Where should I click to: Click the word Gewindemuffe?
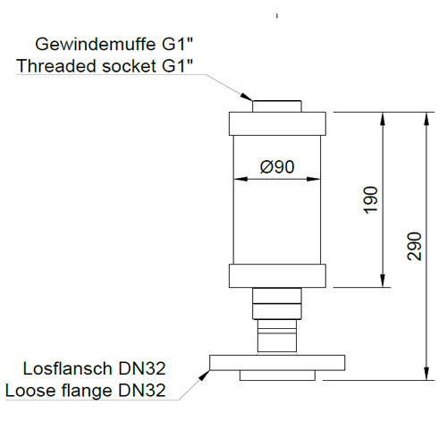pyautogui.click(x=96, y=45)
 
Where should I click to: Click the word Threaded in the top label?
pyautogui.click(x=56, y=66)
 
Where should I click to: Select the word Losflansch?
pyautogui.click(x=68, y=368)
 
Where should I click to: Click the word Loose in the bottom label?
pyautogui.click(x=30, y=391)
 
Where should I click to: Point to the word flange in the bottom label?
pyautogui.click(x=87, y=391)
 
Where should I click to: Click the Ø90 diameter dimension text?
pyautogui.click(x=277, y=166)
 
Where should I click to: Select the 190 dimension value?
pyautogui.click(x=371, y=200)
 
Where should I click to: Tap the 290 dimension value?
pyautogui.click(x=415, y=246)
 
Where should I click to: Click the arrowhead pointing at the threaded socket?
pyautogui.click(x=247, y=97)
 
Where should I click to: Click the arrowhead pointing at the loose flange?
pyautogui.click(x=205, y=375)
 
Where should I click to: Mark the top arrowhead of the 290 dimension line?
pyautogui.click(x=426, y=119)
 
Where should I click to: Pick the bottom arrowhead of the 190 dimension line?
pyautogui.click(x=383, y=281)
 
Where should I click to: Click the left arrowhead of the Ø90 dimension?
pyautogui.click(x=240, y=179)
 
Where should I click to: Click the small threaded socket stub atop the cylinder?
pyautogui.click(x=277, y=106)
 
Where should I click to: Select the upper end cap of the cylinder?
pyautogui.click(x=277, y=123)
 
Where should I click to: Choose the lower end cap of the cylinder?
pyautogui.click(x=277, y=275)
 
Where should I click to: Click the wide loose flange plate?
pyautogui.click(x=277, y=363)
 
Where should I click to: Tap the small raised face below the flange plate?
pyautogui.click(x=277, y=375)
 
